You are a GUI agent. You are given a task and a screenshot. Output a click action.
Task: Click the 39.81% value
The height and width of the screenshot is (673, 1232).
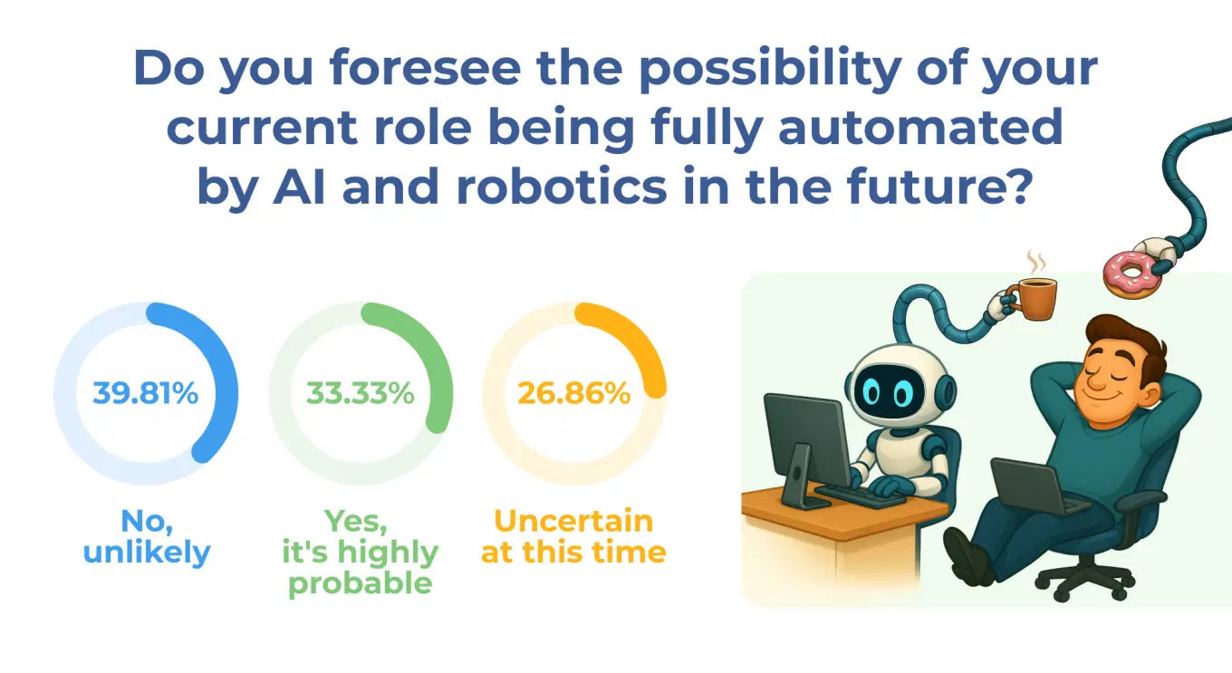[146, 393]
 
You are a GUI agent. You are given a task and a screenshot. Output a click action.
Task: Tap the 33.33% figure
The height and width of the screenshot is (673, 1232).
[361, 393]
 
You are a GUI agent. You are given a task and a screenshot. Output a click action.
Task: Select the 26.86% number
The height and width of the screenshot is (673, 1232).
[573, 393]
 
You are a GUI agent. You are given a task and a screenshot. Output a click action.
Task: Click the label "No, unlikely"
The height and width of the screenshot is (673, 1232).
[147, 536]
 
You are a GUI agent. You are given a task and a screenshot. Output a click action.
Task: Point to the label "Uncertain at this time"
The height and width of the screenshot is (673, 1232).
[573, 536]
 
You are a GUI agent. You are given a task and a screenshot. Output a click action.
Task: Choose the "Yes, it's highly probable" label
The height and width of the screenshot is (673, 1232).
[361, 552]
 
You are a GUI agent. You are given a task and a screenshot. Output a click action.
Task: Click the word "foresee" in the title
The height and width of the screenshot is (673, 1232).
[425, 68]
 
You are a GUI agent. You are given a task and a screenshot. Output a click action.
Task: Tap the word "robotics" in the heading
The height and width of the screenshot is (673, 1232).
[562, 187]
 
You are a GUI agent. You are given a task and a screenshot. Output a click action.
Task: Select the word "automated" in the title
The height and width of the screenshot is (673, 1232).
[920, 127]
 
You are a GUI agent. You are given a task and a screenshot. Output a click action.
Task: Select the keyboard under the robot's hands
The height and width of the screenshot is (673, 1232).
[859, 495]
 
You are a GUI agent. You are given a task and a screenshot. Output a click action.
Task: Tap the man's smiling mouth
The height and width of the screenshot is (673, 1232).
[1094, 397]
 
